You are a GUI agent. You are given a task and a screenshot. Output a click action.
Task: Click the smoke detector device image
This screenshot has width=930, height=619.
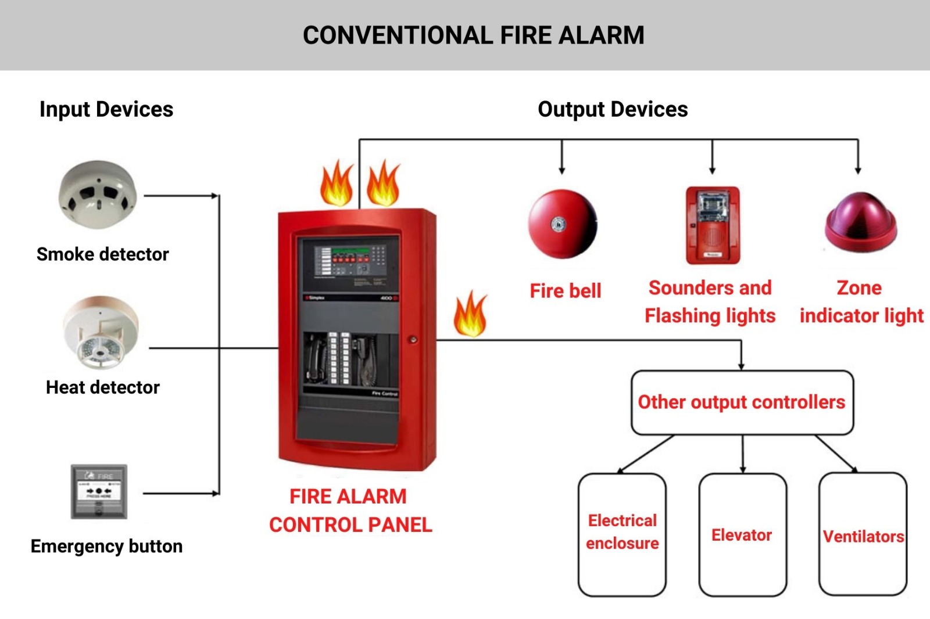coord(98,195)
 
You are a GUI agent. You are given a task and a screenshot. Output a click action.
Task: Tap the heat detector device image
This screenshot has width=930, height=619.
coord(100,333)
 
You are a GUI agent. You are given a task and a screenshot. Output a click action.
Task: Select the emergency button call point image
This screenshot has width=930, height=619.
coord(99,492)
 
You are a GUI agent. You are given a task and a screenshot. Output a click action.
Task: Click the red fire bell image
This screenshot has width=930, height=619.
coord(562,224)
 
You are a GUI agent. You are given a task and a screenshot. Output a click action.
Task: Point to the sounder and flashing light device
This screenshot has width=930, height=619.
coord(713,225)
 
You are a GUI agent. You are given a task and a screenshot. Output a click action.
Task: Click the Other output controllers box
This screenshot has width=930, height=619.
coord(742,402)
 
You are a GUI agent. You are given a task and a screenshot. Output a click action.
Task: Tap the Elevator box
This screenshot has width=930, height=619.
coord(742,535)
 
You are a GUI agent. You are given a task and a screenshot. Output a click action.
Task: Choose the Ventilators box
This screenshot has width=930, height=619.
coord(863,535)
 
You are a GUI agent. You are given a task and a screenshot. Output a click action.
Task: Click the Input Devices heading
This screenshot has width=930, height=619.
coord(106,109)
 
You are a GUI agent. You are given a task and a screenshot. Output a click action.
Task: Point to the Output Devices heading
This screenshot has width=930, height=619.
coord(613,109)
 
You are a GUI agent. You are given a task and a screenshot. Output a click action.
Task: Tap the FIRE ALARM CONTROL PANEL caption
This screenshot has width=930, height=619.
coord(350,511)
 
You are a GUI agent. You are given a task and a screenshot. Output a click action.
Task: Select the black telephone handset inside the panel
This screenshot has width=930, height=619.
coord(316,359)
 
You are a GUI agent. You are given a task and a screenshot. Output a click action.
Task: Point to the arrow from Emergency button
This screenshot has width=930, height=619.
coord(180,494)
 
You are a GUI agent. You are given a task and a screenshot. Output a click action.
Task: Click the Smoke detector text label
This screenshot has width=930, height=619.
coord(102,254)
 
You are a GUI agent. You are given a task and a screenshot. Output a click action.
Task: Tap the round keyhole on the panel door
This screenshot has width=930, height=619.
coord(413,340)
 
